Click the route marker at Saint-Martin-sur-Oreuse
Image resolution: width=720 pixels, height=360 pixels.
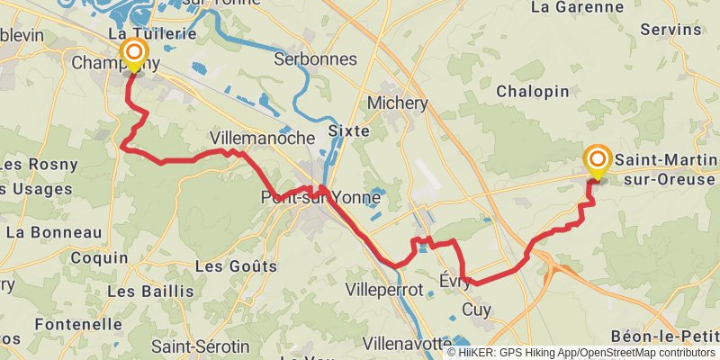[597, 160]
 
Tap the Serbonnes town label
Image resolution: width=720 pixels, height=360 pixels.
[315, 59]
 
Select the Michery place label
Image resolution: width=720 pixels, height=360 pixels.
[397, 103]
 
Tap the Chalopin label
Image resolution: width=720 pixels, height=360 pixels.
[532, 92]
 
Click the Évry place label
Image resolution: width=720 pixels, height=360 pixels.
[455, 281]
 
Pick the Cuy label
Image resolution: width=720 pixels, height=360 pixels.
[474, 310]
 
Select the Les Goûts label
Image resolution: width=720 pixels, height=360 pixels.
[235, 266]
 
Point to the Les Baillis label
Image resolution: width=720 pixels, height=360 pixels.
[150, 292]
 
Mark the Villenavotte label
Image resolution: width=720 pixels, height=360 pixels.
[407, 344]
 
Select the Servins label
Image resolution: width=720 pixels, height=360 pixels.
[670, 30]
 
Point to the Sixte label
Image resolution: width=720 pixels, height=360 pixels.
[349, 130]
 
